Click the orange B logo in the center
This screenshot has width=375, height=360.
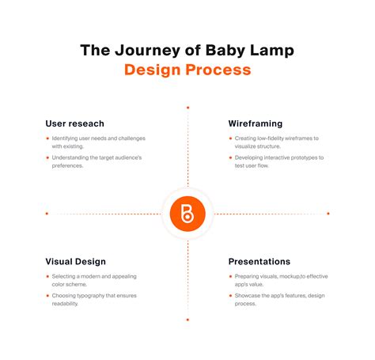point(187,213)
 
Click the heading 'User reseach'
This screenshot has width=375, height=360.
point(75,123)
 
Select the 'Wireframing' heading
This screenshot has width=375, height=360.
point(256,123)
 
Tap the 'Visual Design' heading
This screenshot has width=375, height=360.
point(76,261)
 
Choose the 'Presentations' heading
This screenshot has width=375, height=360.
point(259,261)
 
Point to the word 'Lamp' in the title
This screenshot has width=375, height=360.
point(271,50)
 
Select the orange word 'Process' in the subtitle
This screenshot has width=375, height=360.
point(217,70)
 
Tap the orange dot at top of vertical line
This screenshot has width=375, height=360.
point(187,107)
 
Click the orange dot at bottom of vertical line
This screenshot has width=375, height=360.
point(187,320)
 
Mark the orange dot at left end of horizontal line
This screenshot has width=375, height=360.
point(47,213)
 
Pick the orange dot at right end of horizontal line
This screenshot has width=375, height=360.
point(328,213)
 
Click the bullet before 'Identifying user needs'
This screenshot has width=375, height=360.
point(47,138)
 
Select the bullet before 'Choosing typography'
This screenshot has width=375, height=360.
point(47,296)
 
